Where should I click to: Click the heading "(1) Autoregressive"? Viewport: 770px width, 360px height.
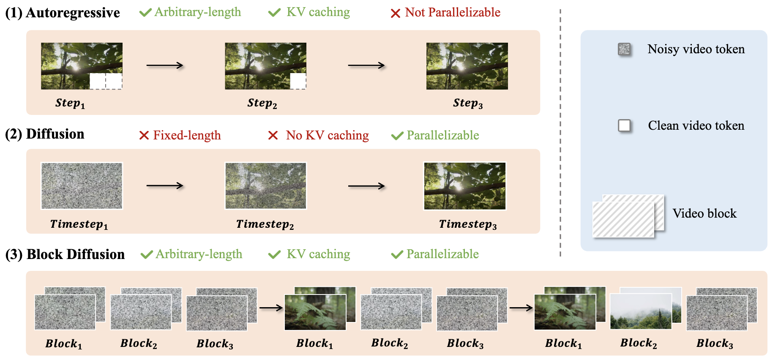(63, 13)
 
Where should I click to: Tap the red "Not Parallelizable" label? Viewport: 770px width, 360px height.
(452, 13)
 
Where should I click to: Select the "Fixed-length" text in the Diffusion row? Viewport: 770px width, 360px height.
(187, 135)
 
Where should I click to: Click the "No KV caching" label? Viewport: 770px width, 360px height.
(327, 135)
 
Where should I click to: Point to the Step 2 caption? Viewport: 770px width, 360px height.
(262, 103)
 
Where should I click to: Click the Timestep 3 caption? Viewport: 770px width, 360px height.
(467, 224)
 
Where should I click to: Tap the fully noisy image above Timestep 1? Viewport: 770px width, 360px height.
(82, 186)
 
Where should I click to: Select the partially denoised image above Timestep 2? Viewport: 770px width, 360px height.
(265, 186)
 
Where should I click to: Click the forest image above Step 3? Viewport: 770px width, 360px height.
(467, 66)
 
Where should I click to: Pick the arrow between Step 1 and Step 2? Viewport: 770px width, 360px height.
(165, 65)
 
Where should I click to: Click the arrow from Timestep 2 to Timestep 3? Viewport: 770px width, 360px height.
(366, 186)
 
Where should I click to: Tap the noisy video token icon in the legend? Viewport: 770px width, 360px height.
(624, 49)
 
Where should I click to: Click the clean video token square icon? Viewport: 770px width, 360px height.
(624, 125)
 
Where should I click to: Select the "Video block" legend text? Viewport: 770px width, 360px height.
(704, 213)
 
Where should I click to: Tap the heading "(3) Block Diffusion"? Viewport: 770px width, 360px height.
(65, 254)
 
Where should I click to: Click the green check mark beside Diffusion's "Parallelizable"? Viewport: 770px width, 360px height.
(397, 136)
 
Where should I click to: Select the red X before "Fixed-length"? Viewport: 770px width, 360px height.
(144, 135)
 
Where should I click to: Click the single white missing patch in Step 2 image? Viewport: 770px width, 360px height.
(298, 81)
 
